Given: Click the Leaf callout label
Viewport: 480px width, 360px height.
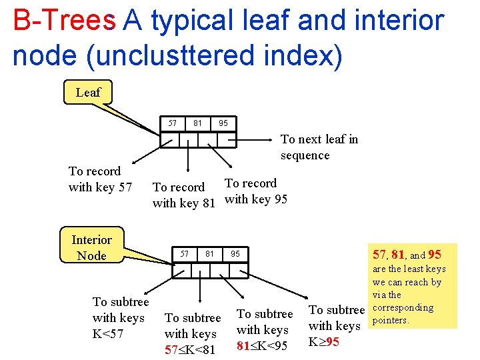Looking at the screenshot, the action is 87,93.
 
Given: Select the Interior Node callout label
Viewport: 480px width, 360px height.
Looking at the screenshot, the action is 91,247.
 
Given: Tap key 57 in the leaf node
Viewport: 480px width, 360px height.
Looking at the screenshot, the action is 173,123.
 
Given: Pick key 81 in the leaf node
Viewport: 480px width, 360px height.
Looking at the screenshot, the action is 197,123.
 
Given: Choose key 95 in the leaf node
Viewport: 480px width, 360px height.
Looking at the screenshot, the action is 223,123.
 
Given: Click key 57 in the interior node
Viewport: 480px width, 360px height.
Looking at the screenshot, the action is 185,253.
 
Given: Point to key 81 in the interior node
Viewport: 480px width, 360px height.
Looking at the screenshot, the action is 209,253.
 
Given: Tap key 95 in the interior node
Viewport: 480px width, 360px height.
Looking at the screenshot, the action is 235,254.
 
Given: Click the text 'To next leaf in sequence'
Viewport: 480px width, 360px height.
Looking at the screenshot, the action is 319,147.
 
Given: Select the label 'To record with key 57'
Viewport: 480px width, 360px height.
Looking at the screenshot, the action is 100,179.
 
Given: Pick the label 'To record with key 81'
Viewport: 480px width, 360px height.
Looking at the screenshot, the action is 183,195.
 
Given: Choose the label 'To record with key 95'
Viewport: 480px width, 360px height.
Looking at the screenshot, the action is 256,191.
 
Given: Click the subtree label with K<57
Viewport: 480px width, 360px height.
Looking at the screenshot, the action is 120,318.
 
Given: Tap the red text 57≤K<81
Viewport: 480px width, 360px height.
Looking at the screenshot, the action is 190,349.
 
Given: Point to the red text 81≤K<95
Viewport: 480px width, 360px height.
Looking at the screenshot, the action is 262,345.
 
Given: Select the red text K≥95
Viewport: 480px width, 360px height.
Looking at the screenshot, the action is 323,342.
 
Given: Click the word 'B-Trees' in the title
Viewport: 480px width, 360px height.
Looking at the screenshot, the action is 63,21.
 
